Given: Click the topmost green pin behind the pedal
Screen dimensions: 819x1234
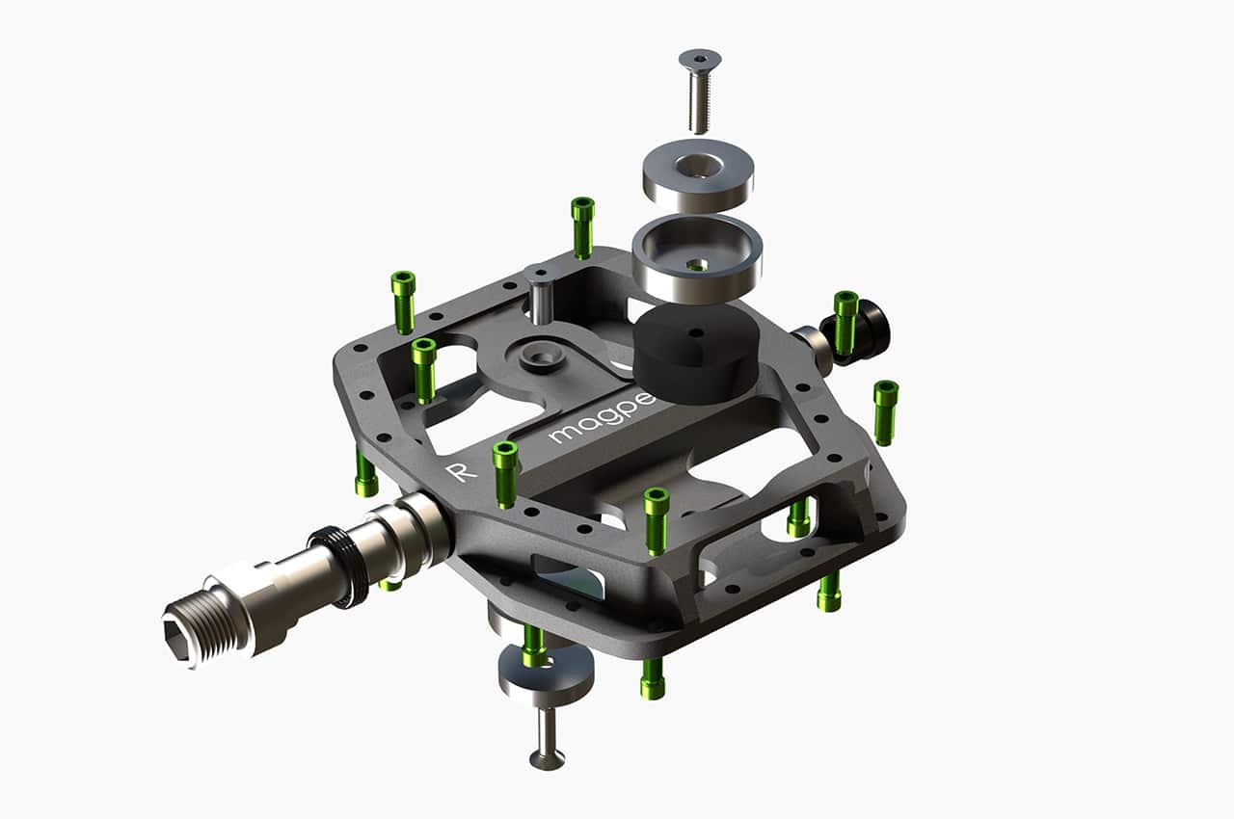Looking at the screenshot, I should (582, 225).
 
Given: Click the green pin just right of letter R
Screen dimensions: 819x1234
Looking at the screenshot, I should (505, 472).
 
